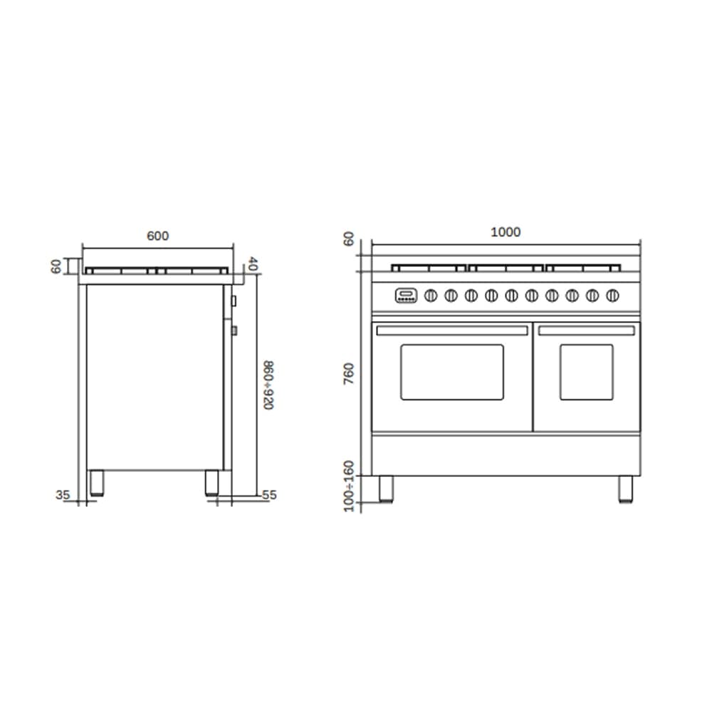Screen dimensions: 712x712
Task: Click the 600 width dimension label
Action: pos(157,236)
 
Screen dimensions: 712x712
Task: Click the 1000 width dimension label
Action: pos(506,232)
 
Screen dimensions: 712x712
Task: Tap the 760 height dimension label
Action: pos(348,374)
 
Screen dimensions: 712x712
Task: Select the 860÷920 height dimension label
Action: pos(269,385)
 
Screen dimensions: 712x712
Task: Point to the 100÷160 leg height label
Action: pos(348,486)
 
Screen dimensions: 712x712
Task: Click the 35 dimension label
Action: pos(63,495)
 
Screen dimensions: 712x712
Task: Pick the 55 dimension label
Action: pos(269,495)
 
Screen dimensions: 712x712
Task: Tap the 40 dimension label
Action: pos(253,264)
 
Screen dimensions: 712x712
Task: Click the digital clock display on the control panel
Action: pos(406,295)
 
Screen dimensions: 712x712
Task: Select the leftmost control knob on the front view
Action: pos(431,295)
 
